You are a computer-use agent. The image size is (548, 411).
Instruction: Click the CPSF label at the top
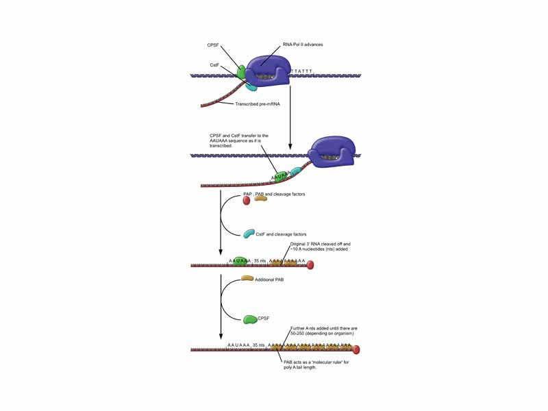[213, 45]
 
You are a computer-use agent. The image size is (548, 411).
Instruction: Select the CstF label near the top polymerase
[214, 65]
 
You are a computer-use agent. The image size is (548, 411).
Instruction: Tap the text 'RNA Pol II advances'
[303, 45]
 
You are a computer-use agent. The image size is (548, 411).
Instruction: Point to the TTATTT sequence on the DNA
[302, 71]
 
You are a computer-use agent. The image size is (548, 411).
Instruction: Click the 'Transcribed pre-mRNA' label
[258, 104]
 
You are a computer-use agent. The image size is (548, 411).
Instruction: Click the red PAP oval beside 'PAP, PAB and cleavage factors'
[247, 201]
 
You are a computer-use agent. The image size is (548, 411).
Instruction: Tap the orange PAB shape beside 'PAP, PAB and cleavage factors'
[260, 197]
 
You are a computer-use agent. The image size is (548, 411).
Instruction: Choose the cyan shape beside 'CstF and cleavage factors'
[249, 234]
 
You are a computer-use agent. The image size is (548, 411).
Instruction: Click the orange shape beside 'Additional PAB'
[247, 279]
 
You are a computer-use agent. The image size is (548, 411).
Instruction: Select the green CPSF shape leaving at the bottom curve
[250, 319]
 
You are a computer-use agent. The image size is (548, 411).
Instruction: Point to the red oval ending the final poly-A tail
[356, 350]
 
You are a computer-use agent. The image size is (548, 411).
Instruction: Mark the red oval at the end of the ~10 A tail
[310, 265]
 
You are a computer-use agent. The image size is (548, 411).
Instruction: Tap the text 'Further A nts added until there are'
[324, 328]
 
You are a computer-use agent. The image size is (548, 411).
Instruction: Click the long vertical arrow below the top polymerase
[290, 116]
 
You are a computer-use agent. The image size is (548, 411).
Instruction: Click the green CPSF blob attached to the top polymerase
[242, 71]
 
